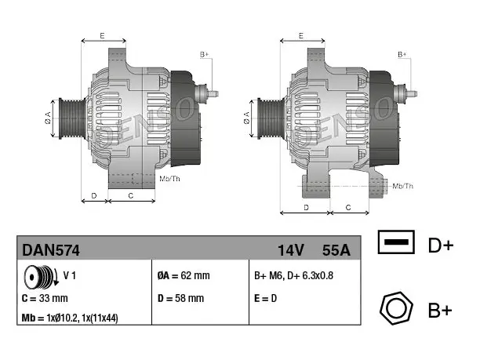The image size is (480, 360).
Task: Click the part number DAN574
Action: pyautogui.click(x=51, y=250)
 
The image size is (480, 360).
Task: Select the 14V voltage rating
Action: pyautogui.click(x=291, y=250)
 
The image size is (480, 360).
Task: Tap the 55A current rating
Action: pyautogui.click(x=336, y=250)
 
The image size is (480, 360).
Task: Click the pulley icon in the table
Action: pyautogui.click(x=42, y=277)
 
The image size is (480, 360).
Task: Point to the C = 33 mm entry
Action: pyautogui.click(x=45, y=298)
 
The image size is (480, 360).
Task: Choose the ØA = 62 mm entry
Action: pyautogui.click(x=184, y=275)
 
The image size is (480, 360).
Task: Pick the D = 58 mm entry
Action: pyautogui.click(x=180, y=298)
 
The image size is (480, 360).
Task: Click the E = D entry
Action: pyautogui.click(x=265, y=298)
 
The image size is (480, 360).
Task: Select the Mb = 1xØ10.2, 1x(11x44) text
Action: pyautogui.click(x=70, y=318)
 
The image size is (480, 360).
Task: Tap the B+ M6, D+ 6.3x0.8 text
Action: pyautogui.click(x=293, y=275)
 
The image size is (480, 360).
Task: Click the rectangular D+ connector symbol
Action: pyautogui.click(x=396, y=242)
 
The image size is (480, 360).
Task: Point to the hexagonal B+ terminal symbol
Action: pyautogui.click(x=396, y=308)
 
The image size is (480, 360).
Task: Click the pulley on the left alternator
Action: pyautogui.click(x=72, y=118)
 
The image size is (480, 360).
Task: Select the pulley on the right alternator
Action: pyautogui.click(x=271, y=118)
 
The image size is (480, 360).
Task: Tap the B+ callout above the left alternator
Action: pyautogui.click(x=204, y=54)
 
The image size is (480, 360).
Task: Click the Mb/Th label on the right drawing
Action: pyautogui.click(x=403, y=186)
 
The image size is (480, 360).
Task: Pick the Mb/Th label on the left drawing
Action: pyautogui.click(x=169, y=179)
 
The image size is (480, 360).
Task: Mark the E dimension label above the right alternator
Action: pyautogui.click(x=301, y=35)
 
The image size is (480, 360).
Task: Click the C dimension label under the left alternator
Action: pyautogui.click(x=131, y=195)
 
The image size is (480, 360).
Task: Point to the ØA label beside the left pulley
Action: pyautogui.click(x=48, y=118)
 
